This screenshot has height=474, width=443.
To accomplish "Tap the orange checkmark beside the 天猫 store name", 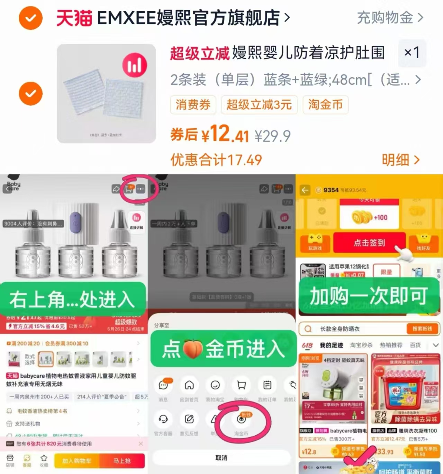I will tap(30, 18).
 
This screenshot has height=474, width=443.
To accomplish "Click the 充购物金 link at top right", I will tap(390, 17).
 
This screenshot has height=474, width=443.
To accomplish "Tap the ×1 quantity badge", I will tap(412, 53).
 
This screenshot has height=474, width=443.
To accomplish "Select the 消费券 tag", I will tap(193, 105).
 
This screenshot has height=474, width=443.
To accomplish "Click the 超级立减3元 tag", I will tap(259, 105).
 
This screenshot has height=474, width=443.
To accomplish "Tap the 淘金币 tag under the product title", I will tap(325, 105).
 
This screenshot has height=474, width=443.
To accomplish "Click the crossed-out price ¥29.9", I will tap(272, 136).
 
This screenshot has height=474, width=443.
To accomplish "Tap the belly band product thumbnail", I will tap(106, 94).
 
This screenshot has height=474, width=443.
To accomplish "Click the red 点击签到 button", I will tap(369, 243).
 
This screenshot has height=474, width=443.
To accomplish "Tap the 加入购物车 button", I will tap(76, 461).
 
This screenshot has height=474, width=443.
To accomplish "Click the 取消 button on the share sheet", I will tap(221, 458).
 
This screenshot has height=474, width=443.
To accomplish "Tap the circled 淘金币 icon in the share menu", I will tap(241, 420).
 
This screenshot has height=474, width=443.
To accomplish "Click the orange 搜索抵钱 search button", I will tap(422, 328).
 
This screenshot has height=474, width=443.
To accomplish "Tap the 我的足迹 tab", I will tap(331, 345).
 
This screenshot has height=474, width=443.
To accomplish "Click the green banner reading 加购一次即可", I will tap(368, 296).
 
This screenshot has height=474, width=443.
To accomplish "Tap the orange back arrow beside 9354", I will tap(305, 190).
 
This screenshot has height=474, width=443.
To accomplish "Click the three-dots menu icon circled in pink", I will tap(141, 189).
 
